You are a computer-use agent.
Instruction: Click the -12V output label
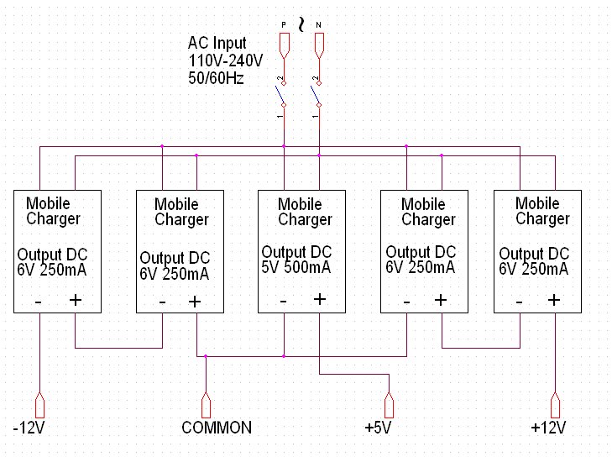click(29, 428)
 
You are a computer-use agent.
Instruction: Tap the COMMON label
click(216, 428)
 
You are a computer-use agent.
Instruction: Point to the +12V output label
click(548, 428)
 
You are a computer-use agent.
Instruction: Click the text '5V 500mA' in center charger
click(296, 268)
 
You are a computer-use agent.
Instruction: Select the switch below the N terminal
click(316, 94)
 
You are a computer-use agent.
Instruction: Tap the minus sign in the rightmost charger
click(520, 300)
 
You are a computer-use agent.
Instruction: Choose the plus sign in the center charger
click(319, 299)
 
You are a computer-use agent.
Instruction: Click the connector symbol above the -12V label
click(39, 405)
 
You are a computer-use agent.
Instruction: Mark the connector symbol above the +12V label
click(554, 405)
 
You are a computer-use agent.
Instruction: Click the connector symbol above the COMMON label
click(207, 405)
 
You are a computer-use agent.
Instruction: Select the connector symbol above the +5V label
click(389, 405)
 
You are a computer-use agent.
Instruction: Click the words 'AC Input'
click(217, 44)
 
